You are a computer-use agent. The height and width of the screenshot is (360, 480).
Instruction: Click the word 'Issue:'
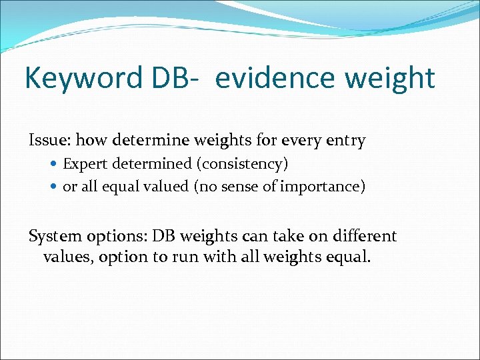pyautogui.click(x=49, y=141)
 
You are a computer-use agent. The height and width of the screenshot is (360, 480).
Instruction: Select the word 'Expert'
pyautogui.click(x=83, y=164)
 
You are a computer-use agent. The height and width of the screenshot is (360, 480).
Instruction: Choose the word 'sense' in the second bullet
pyautogui.click(x=239, y=187)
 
